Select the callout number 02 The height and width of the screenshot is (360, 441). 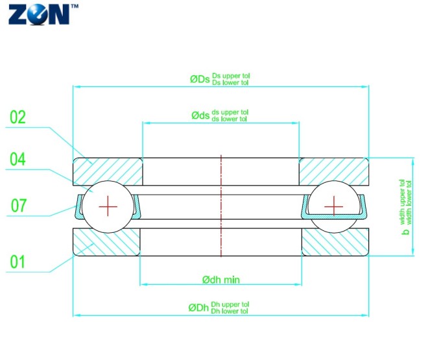pos(18,117)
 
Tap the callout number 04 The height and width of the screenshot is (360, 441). pos(18,159)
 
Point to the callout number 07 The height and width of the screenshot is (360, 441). pos(19,206)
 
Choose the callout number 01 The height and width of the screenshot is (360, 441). pos(18,262)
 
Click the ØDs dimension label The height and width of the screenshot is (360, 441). pos(200,79)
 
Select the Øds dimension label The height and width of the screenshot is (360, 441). pos(200,115)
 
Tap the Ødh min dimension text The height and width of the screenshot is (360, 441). pos(221,280)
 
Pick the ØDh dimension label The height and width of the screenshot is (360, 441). pos(198,307)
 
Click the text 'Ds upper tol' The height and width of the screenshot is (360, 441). pos(231,76)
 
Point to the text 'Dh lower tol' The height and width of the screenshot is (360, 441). pos(230,311)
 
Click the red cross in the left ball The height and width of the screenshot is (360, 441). pos(108,207)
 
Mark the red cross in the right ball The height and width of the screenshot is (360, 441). pos(333,206)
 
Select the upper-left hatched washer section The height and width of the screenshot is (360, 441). pos(108,171)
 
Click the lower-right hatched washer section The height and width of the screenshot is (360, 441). pos(335,242)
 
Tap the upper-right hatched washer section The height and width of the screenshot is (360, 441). pos(334,171)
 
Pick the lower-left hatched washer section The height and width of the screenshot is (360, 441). pos(106,242)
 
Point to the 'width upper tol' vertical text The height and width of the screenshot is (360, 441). pos(402,202)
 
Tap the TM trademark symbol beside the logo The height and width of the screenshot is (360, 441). pos(74,6)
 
